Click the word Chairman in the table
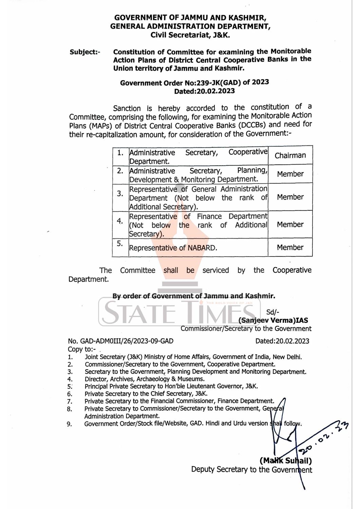(290, 155)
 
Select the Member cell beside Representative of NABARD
(290, 247)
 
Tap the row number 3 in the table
(120, 194)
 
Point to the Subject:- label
(85, 52)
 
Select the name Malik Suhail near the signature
(286, 461)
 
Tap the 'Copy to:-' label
(82, 349)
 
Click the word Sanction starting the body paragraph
(127, 109)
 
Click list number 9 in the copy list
(69, 424)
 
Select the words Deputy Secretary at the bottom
(219, 470)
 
